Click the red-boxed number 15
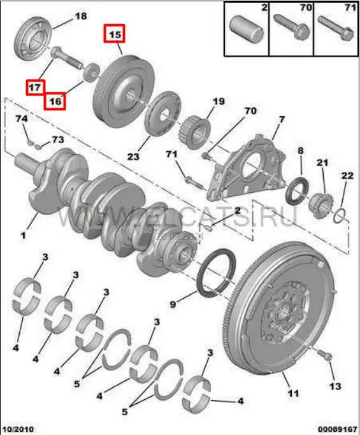pos(114,34)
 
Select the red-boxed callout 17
pos(36,88)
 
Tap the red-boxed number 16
pos(55,101)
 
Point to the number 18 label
pos(81,16)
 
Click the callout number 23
pos(133,157)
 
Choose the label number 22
pos(347,176)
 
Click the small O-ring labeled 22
pos(339,217)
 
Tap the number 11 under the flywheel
pos(293,393)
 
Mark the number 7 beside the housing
pos(282,120)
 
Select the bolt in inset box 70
pos(291,27)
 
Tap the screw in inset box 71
pos(336,28)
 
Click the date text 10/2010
pos(18,429)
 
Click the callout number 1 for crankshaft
pos(23,235)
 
